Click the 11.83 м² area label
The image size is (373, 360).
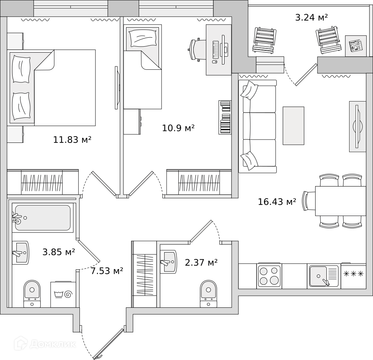[x=72, y=140]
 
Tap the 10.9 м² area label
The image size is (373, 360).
[x=178, y=128]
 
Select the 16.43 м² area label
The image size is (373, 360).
[x=277, y=202]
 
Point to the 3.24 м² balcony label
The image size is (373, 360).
[x=311, y=18]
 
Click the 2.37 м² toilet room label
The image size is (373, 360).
[x=201, y=262]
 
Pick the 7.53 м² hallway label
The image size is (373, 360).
[x=107, y=271]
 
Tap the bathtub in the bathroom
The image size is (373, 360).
[x=43, y=218]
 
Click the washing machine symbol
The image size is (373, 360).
[x=63, y=294]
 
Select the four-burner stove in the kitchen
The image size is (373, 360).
[x=269, y=276]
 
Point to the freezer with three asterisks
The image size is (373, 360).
[x=354, y=276]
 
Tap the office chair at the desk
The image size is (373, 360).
[x=197, y=50]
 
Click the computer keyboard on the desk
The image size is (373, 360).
[x=216, y=50]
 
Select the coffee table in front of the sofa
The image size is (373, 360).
[x=293, y=126]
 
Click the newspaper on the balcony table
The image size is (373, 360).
[x=355, y=46]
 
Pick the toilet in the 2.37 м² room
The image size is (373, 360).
[x=209, y=294]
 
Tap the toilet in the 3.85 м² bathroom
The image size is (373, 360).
[x=32, y=294]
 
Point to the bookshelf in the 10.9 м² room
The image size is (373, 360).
[x=225, y=118]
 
